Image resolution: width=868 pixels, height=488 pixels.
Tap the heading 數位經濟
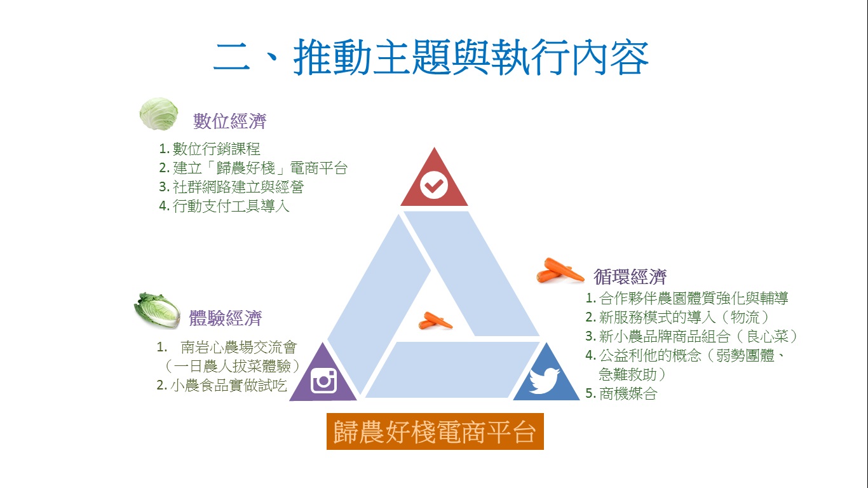point(230,121)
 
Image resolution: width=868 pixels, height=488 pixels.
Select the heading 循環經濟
point(630,276)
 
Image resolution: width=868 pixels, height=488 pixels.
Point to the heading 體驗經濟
point(226,318)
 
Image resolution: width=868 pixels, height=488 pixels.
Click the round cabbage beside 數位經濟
point(158,114)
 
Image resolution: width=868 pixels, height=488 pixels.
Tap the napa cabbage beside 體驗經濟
point(158,310)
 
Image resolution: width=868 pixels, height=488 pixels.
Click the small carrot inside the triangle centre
point(435,321)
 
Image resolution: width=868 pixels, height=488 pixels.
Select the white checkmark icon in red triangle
point(434,186)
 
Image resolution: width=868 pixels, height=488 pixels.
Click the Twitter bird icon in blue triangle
point(545,381)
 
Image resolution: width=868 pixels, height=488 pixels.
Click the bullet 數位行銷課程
point(216,149)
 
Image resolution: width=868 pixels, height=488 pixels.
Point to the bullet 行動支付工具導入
point(231,206)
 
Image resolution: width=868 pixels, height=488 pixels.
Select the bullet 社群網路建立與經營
point(238,187)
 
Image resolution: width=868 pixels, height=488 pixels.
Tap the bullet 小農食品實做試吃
point(229,385)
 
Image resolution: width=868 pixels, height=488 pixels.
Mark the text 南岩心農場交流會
point(238,348)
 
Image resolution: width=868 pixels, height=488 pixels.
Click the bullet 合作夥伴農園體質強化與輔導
point(693,298)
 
